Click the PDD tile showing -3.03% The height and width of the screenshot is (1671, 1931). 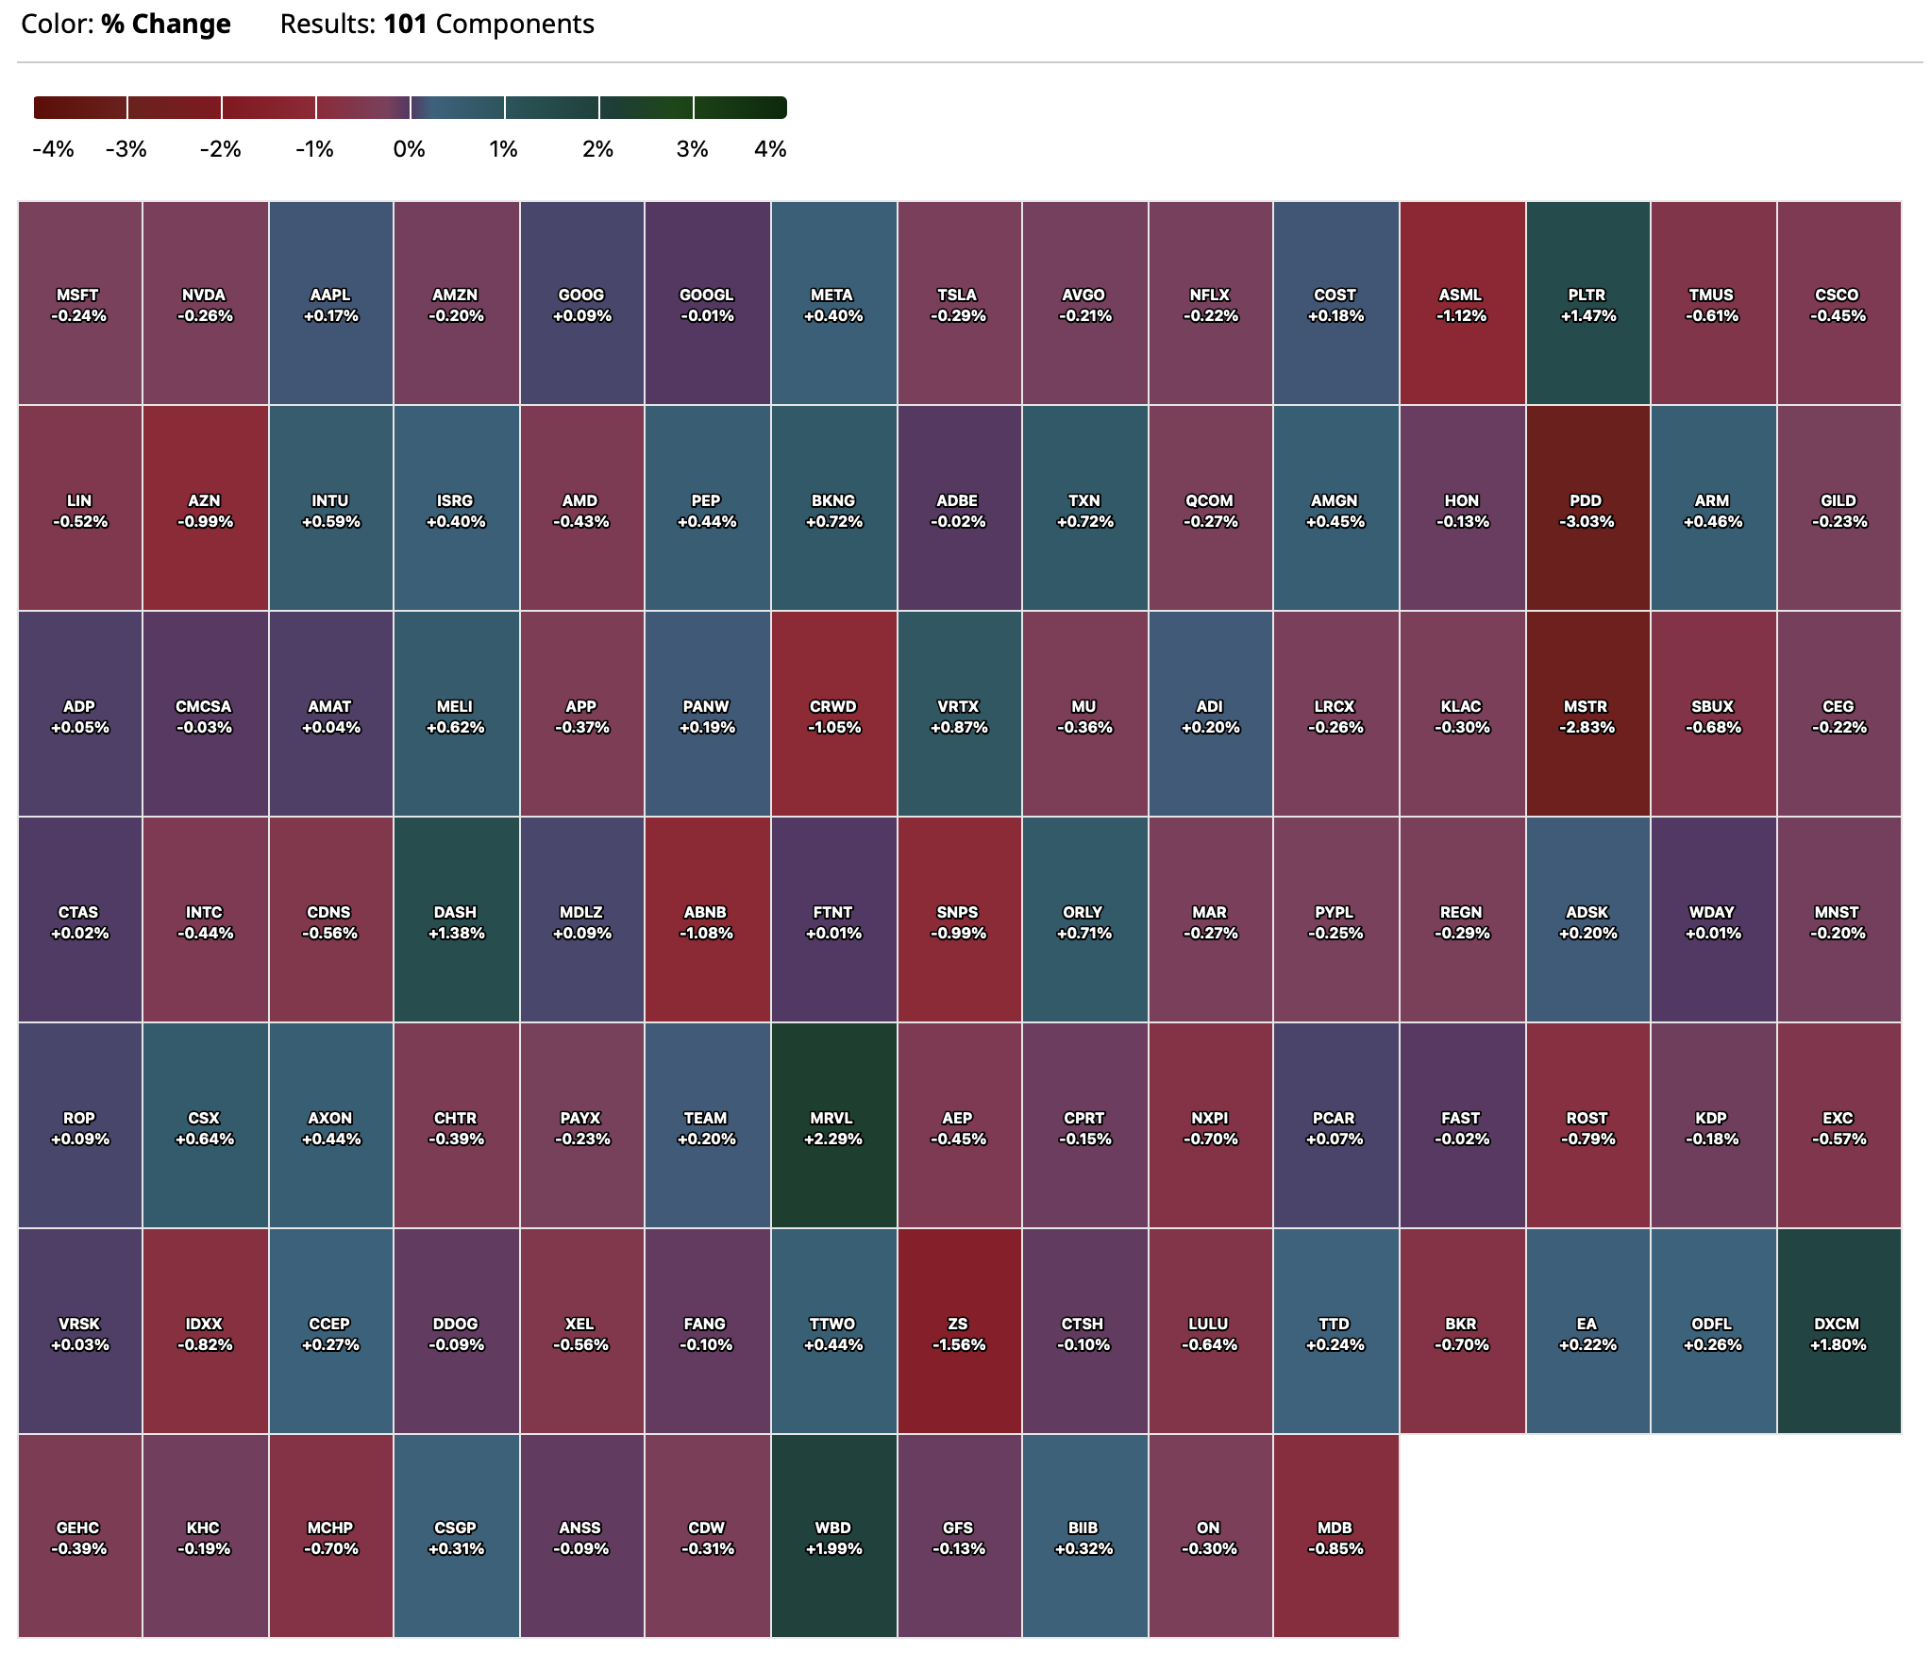1587,510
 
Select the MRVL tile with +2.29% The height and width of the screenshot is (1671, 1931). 833,1127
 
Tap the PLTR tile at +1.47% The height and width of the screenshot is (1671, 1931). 1587,304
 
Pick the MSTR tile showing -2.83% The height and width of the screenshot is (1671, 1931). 1587,716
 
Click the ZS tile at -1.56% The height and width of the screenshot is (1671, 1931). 959,1333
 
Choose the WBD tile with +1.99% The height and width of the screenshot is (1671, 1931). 833,1537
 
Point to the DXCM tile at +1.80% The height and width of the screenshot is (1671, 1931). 1839,1333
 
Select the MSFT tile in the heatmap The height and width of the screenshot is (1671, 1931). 79,304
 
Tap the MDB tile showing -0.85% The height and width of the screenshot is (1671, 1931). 1335,1537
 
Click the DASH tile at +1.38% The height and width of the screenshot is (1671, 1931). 456,921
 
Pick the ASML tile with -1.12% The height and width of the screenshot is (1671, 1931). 1462,304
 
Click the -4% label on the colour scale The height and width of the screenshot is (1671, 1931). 53,149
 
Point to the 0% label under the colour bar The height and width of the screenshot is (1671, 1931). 410,149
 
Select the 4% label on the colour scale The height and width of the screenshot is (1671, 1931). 770,149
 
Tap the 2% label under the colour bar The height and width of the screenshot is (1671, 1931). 597,149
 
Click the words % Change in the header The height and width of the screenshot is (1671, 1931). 166,24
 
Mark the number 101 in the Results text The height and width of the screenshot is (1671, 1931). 405,24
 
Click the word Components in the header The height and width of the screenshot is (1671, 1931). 515,24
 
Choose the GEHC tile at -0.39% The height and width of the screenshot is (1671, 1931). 79,1537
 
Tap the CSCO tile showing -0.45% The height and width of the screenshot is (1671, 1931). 1839,304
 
